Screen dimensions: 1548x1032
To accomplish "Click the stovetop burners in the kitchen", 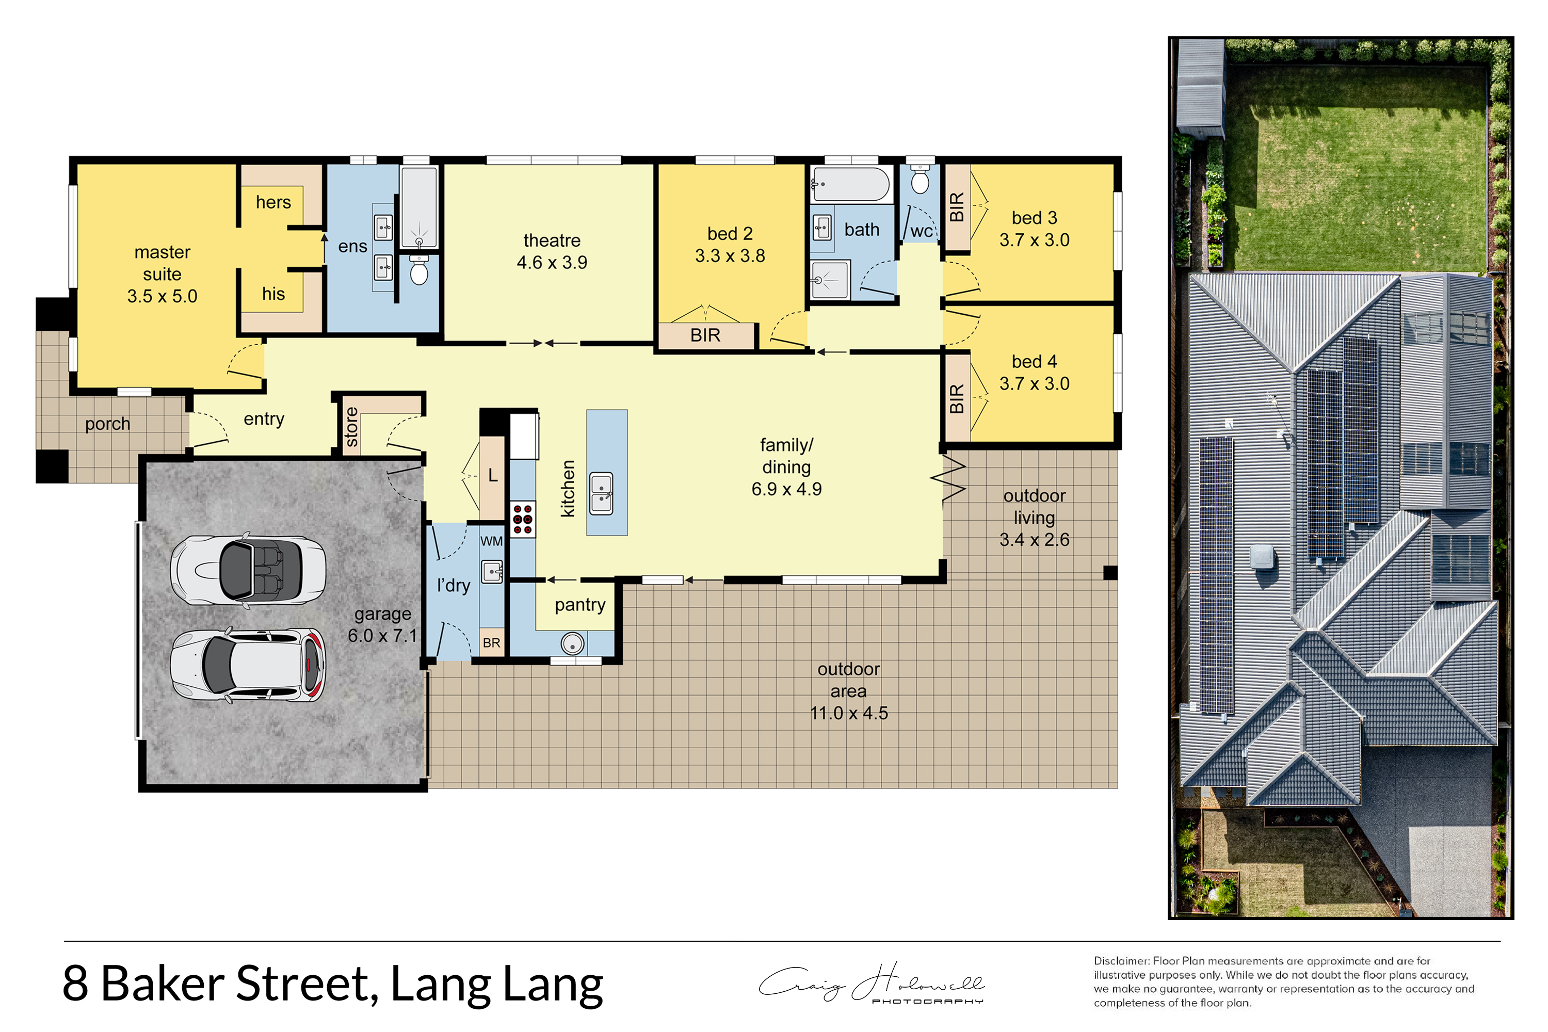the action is coord(523,520).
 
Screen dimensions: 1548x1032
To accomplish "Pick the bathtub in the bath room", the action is coord(850,184).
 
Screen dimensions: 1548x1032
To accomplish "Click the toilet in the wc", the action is coord(920,176).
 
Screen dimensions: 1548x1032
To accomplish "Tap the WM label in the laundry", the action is coord(492,542).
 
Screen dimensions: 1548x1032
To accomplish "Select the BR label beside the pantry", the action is coord(492,643).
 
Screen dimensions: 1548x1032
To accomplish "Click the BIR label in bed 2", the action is coord(705,336).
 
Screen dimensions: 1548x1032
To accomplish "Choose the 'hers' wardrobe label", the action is coord(273,202).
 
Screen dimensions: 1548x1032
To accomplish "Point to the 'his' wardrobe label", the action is coord(273,294).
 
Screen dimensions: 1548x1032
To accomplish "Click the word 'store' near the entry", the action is coord(351,427).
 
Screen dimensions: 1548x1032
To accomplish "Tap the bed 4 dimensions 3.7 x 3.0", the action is coord(1034,384).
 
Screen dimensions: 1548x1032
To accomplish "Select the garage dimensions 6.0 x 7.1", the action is coord(382,636).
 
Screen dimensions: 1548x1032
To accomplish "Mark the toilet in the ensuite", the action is coord(419,270).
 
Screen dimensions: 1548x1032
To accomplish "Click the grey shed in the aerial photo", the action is coord(1199,89).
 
